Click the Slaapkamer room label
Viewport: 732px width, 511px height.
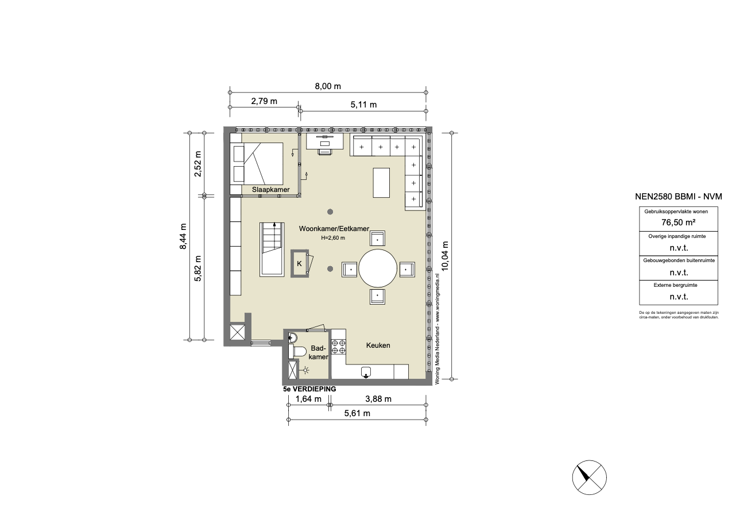[x=270, y=190]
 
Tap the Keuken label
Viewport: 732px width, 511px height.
[x=378, y=345]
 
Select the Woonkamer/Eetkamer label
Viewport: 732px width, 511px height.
[x=334, y=229]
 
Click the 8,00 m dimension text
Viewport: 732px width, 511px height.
[x=328, y=86]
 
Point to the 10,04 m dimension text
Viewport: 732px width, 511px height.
[x=445, y=256]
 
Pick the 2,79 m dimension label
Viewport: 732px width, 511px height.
[x=264, y=101]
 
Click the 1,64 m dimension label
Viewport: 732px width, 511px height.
[x=308, y=399]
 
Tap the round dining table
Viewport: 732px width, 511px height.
[x=378, y=268]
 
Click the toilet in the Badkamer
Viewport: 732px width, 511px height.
[x=297, y=351]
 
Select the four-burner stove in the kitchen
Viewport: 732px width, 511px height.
[x=338, y=347]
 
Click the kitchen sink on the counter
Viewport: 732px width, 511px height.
[x=366, y=372]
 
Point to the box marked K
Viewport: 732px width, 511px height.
[x=300, y=263]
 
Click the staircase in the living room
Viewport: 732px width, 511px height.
[x=272, y=249]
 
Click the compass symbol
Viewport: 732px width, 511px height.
[x=589, y=477]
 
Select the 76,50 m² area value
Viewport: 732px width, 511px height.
[x=678, y=222]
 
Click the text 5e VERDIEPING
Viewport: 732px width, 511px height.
[x=309, y=389]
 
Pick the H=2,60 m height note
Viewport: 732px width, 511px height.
[x=332, y=238]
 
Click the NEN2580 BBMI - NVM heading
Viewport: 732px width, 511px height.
[x=679, y=196]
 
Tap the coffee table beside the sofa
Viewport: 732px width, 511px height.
[x=381, y=183]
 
